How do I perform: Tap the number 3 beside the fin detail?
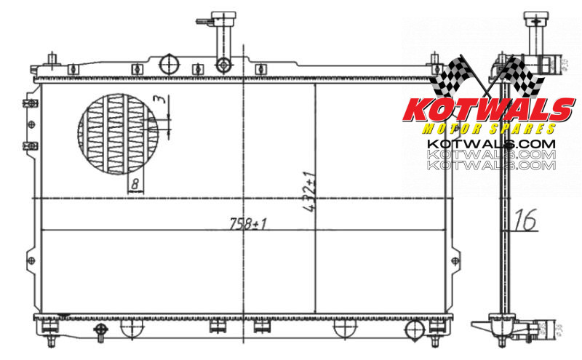coord(159,100)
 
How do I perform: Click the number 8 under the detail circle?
coord(135,185)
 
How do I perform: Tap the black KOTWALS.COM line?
coord(490,144)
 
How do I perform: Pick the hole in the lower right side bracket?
coord(456,260)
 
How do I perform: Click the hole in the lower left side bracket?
coord(30,260)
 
